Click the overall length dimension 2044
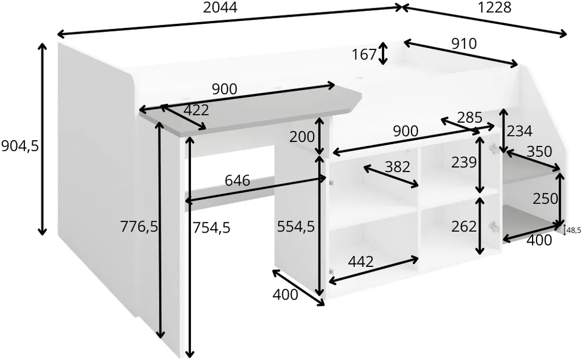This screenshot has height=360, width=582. coord(220,8)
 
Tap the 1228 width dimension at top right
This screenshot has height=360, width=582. coord(494,8)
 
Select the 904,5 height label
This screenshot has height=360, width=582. coord(20,147)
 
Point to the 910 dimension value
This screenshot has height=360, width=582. coord(464,44)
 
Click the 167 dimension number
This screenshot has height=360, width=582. coord(364,55)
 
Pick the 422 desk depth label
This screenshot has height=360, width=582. coord(196,110)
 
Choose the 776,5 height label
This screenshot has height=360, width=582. coord(139,227)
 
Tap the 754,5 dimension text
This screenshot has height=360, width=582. coord(211,227)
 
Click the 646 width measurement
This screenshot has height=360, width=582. coord(237,181)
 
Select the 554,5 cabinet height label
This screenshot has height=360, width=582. coord(296,227)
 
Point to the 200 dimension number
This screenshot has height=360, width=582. coord(302,137)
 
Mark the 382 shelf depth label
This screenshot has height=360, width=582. coord(397,167)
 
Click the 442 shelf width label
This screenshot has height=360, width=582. coord(361,262)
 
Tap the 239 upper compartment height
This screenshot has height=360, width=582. coord(464,162)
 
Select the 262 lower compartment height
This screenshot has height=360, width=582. coord(464,226)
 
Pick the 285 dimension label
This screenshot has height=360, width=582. coord(470,117)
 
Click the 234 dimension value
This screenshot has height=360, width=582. coord(520,131)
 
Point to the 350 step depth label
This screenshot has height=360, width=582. coord(540,152)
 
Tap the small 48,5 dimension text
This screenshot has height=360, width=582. coord(574,230)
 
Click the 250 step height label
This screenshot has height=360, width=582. coord(545,199)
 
